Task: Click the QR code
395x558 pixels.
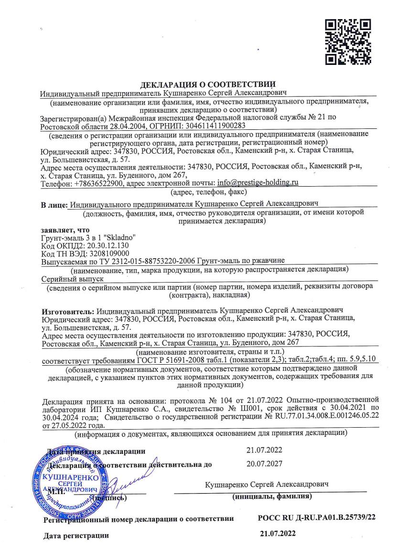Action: pos(348,42)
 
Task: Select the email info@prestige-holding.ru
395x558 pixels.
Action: pos(257,183)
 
